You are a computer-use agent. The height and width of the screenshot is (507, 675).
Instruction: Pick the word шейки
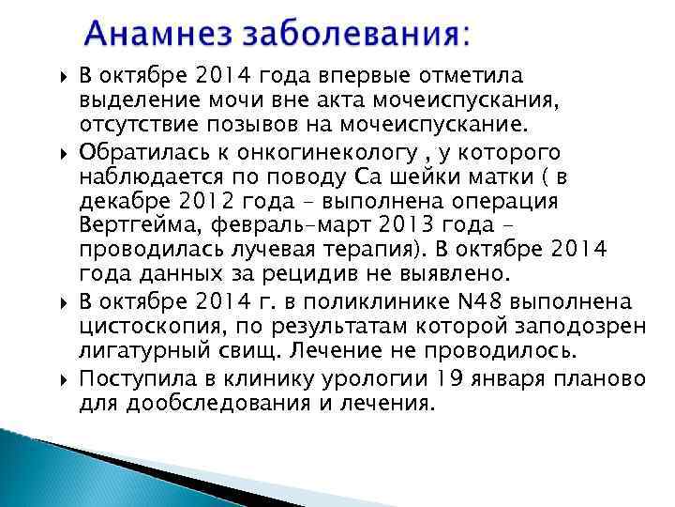(x=508, y=177)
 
